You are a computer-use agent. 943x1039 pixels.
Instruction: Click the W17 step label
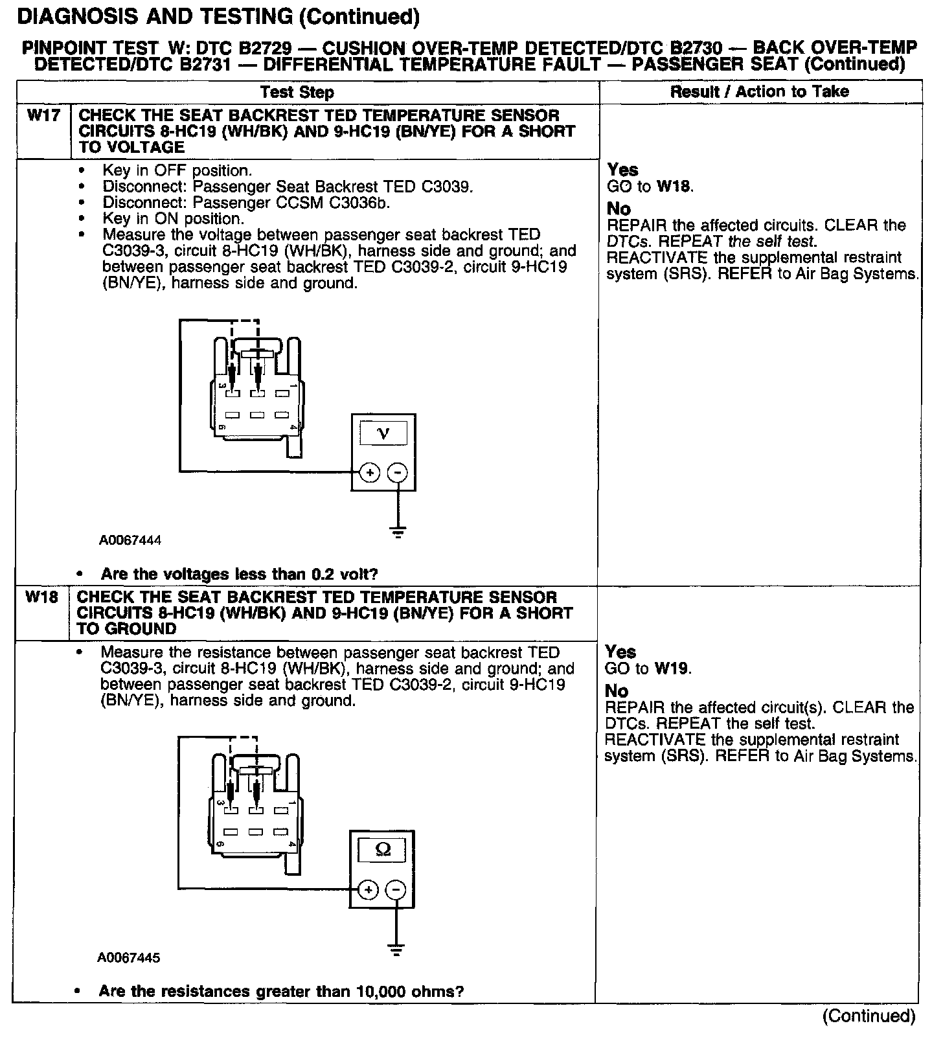[x=43, y=116]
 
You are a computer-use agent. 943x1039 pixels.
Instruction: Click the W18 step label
[x=41, y=597]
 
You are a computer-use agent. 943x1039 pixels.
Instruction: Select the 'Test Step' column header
[x=297, y=92]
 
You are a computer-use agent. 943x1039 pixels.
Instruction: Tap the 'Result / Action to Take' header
[x=759, y=91]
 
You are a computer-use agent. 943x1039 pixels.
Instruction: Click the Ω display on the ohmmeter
[x=382, y=850]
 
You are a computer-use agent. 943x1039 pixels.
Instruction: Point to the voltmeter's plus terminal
[x=370, y=473]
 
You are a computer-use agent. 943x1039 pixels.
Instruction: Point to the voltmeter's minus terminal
[x=398, y=473]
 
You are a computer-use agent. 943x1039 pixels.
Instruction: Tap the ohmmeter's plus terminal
[x=368, y=890]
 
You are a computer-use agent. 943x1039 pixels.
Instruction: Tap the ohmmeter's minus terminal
[x=396, y=890]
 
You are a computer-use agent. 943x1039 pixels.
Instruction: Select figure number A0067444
[x=130, y=540]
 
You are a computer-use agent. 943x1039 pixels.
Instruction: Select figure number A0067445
[x=129, y=957]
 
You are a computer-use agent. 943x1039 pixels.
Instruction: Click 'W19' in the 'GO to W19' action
[x=672, y=668]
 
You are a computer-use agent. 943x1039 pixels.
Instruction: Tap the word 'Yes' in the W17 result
[x=622, y=170]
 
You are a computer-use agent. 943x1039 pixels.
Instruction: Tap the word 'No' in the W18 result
[x=617, y=691]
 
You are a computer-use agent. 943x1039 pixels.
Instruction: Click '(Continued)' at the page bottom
[x=869, y=1016]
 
